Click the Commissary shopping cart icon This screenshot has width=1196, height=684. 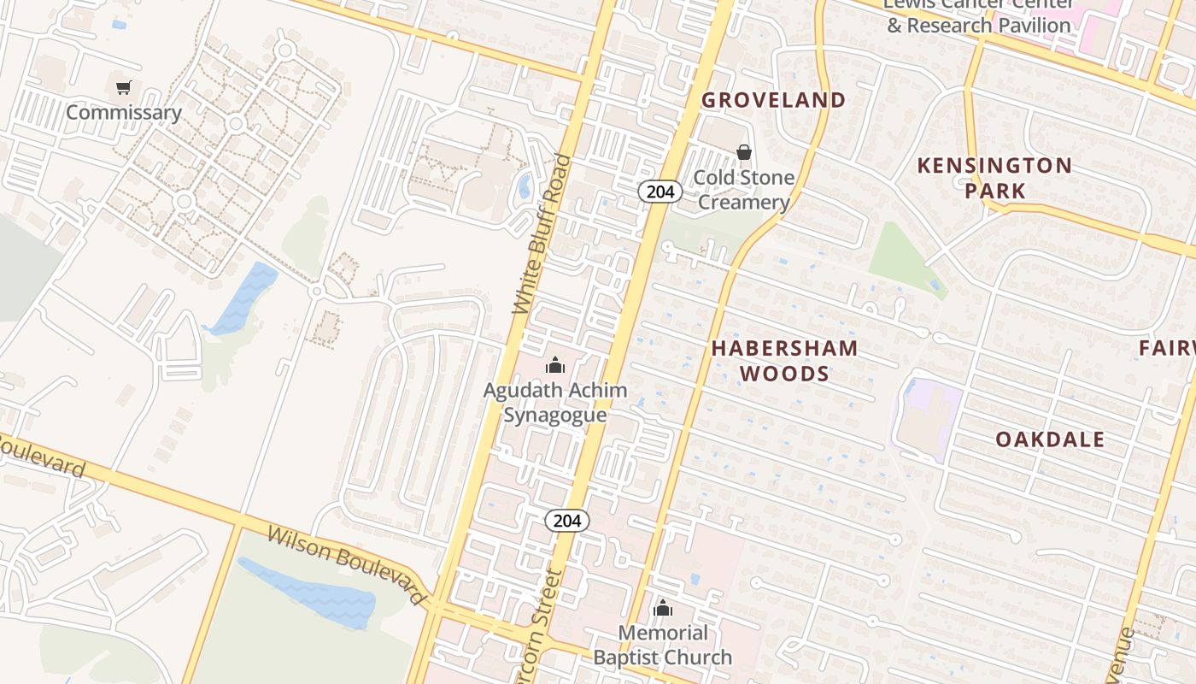point(124,87)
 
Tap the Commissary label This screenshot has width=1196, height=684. point(124,113)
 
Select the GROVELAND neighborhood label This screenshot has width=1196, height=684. point(773,100)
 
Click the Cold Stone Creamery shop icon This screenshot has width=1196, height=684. point(744,153)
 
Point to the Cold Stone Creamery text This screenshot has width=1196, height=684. point(743,190)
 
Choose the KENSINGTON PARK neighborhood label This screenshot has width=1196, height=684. point(994,178)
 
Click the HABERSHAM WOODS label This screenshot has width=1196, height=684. point(784,360)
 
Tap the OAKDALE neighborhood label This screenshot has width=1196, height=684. point(1050,439)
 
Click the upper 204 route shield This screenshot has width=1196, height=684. point(660,192)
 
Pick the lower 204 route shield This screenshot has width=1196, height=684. point(567,520)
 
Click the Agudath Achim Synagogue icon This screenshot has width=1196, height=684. point(555,366)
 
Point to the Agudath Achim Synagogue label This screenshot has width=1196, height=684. point(555,403)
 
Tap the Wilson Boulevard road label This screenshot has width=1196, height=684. point(346,565)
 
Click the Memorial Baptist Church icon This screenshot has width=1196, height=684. point(663,609)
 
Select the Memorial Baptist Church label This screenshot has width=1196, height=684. point(663,646)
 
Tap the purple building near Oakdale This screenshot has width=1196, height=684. point(926,419)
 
